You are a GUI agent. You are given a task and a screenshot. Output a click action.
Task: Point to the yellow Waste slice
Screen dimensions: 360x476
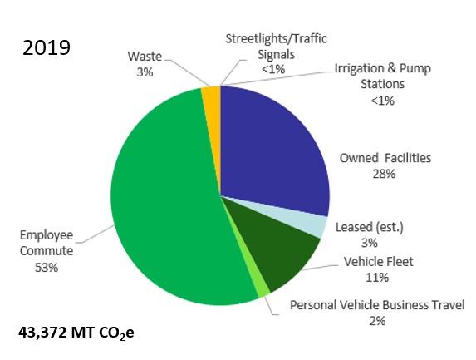point(210,96)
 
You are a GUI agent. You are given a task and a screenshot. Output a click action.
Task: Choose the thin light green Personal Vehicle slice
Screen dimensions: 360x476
point(263,287)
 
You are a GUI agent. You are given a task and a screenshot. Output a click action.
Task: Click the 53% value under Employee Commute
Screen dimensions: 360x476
point(47,268)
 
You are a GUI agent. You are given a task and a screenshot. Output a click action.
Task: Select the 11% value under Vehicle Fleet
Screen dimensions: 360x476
point(378,277)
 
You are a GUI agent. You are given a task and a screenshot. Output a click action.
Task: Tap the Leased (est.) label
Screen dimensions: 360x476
point(369,227)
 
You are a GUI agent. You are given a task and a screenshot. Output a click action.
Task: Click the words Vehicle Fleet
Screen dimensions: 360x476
point(378,262)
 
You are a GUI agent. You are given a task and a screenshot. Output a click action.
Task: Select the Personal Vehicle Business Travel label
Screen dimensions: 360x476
point(376,305)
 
